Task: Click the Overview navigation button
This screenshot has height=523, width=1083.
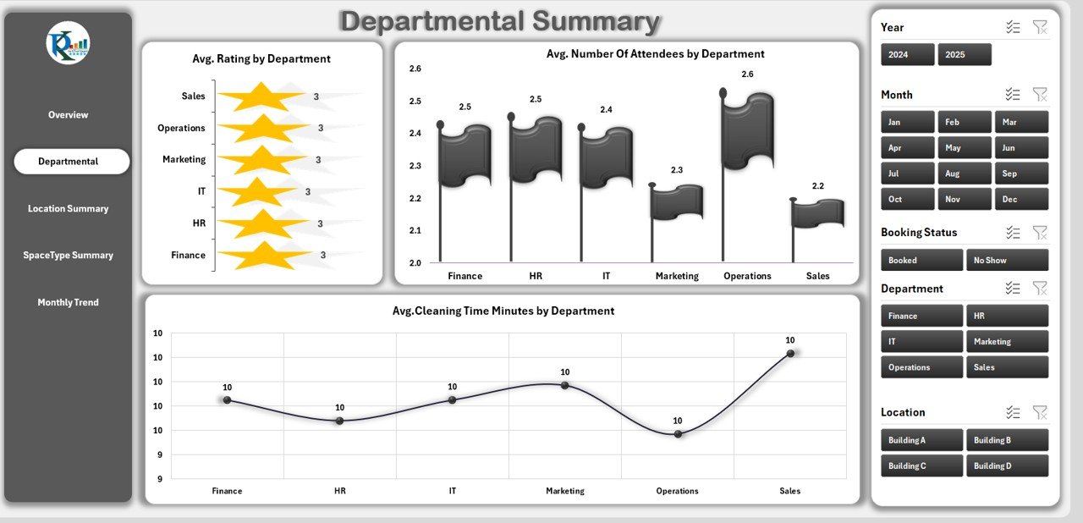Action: click(x=68, y=115)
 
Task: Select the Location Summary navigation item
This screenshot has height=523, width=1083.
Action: click(x=68, y=209)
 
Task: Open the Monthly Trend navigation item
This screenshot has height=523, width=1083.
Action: click(x=68, y=303)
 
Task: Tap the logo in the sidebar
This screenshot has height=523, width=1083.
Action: click(x=68, y=42)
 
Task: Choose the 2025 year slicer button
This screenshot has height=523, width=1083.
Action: click(x=964, y=54)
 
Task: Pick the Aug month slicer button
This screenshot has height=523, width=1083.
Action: click(x=965, y=173)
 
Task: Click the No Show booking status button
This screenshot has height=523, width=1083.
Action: click(x=1007, y=261)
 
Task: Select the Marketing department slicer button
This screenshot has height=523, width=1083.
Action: click(x=1007, y=342)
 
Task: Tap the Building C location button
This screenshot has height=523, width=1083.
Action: click(x=921, y=466)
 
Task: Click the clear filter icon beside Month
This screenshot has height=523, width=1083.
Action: click(x=1040, y=95)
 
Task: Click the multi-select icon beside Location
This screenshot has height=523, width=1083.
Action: click(x=1013, y=412)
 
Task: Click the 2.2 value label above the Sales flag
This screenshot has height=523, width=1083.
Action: click(x=818, y=186)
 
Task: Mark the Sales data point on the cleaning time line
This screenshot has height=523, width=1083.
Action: click(x=790, y=353)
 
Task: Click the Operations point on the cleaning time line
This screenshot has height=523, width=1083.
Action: click(x=678, y=433)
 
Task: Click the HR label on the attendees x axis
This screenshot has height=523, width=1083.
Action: click(x=536, y=276)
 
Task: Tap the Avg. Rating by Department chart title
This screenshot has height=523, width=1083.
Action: click(x=261, y=59)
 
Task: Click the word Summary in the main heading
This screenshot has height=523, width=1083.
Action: click(x=580, y=22)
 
